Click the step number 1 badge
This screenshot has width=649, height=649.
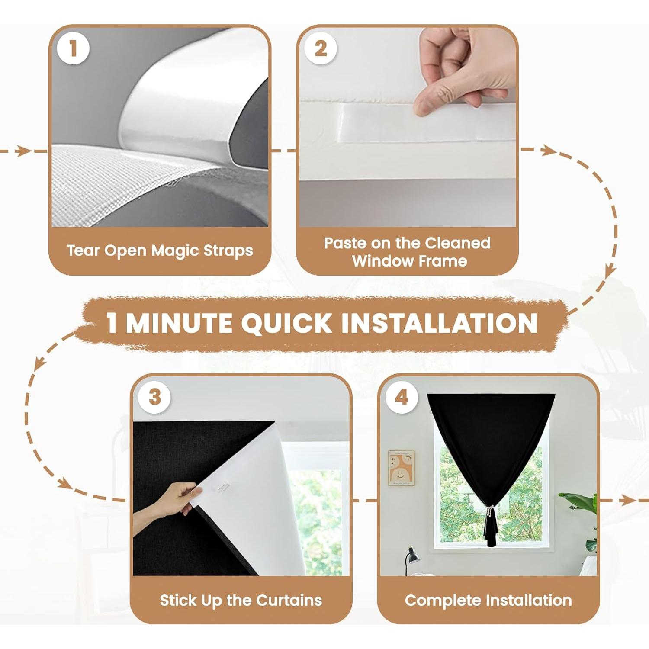[73, 48]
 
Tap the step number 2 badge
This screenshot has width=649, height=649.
[321, 48]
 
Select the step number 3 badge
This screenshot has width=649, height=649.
[154, 397]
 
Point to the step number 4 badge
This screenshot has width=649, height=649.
[402, 397]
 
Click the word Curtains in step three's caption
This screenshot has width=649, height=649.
[289, 600]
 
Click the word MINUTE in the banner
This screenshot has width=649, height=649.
[179, 323]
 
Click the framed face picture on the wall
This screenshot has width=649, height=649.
[401, 468]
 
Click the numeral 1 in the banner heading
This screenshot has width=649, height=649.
[112, 323]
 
